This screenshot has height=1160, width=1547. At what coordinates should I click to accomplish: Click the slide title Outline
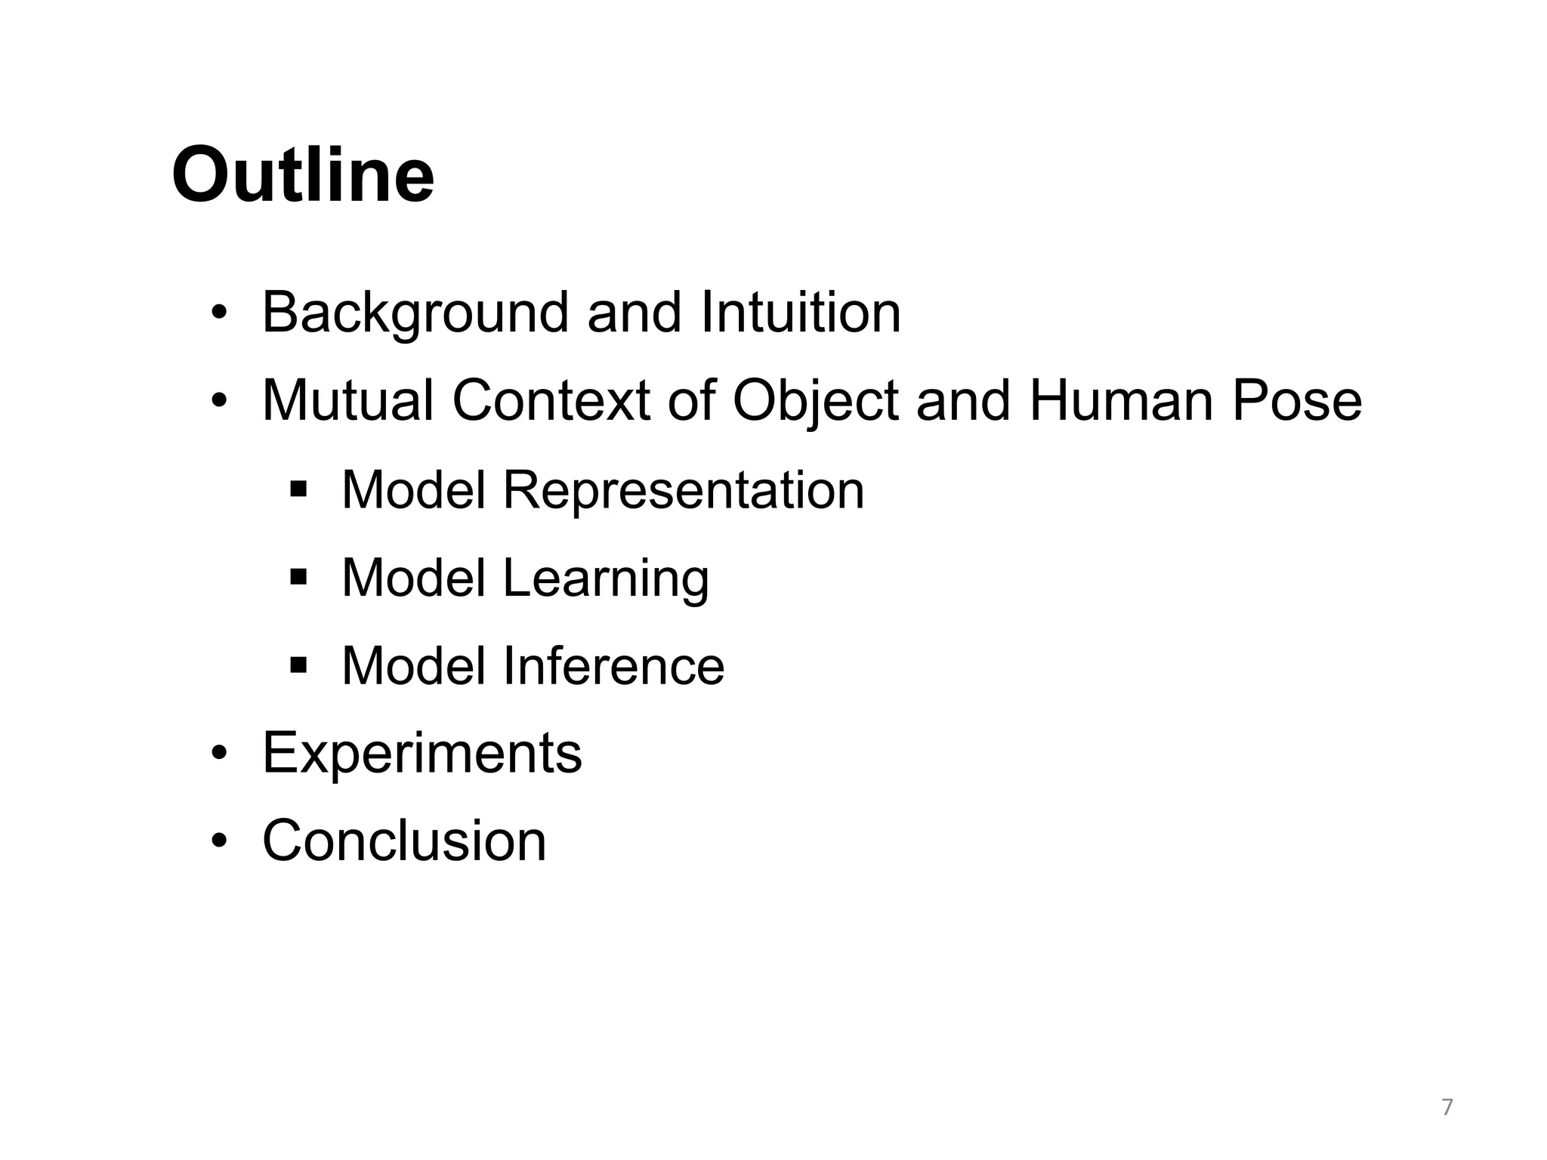[303, 175]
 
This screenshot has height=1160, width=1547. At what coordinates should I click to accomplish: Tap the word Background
[415, 312]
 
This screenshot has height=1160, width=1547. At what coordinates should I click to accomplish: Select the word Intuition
[801, 312]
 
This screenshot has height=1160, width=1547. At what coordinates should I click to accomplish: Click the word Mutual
[347, 400]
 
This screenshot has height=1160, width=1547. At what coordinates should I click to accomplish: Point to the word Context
[551, 400]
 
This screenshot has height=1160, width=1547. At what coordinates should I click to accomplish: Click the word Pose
[1297, 400]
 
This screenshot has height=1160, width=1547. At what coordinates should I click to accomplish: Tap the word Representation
[683, 490]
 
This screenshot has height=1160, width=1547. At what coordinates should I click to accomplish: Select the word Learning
[605, 578]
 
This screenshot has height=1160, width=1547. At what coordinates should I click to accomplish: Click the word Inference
[613, 666]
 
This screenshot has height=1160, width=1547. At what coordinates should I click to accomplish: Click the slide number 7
[1447, 1108]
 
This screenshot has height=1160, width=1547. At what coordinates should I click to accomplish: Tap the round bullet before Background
[218, 313]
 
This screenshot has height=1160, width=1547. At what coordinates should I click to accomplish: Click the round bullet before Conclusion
[218, 841]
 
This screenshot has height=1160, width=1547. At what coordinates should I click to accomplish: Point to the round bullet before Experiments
[218, 754]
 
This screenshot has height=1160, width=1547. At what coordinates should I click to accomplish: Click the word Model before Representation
[413, 490]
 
